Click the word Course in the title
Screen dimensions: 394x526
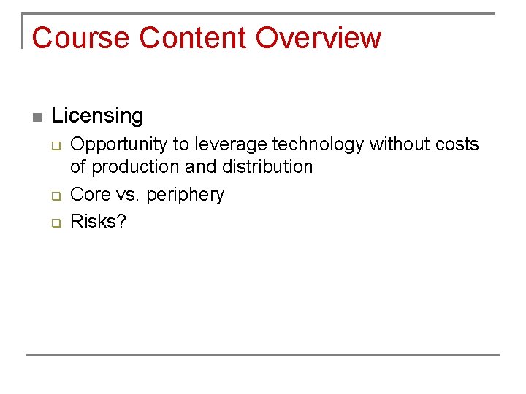[81, 38]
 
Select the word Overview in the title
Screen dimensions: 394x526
[319, 38]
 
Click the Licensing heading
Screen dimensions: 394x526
[97, 115]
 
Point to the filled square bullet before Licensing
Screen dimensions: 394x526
[37, 117]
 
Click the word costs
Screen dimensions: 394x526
[456, 144]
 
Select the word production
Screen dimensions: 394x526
[136, 167]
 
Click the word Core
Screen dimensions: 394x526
[86, 195]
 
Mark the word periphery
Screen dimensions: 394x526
[185, 195]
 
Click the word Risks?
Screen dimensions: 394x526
[98, 222]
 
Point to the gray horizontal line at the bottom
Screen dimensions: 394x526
[263, 355]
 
